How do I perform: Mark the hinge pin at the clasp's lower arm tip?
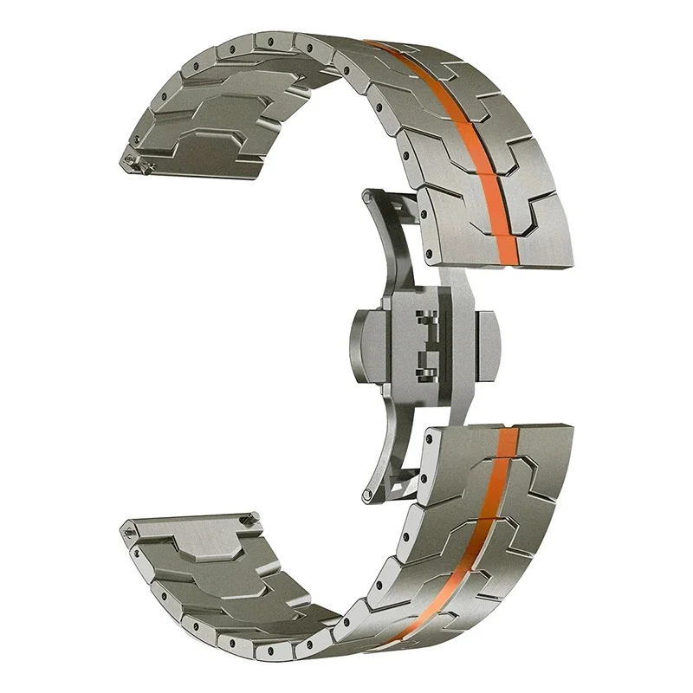[x=371, y=493]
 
